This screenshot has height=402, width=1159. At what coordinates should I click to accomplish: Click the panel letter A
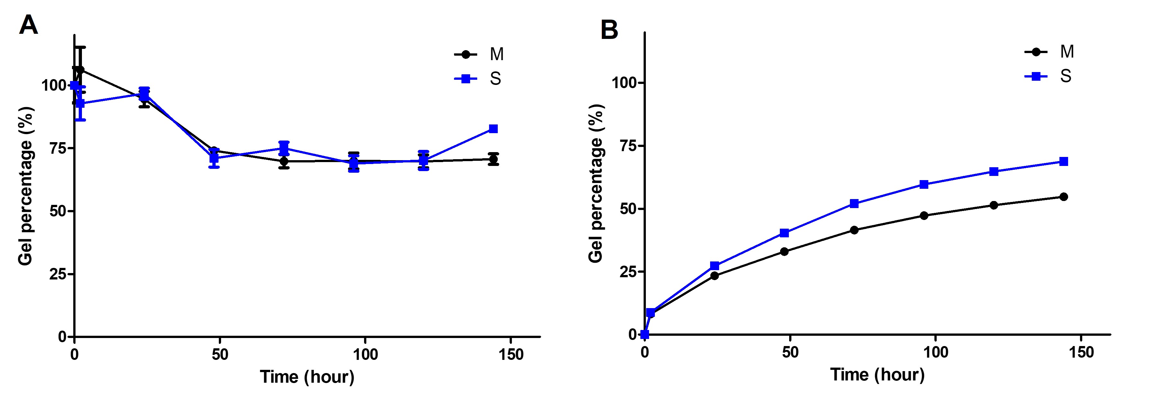point(28,25)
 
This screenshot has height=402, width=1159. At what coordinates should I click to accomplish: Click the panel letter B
point(609,30)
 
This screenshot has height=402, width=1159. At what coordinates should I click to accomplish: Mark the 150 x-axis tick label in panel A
point(511,355)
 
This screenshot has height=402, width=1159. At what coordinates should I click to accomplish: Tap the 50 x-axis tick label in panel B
point(790,352)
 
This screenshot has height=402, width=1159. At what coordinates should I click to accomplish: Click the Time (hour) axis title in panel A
point(307,377)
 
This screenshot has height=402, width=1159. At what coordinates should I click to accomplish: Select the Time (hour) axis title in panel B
point(877,375)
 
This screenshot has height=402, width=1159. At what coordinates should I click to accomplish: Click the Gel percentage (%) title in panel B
point(596,183)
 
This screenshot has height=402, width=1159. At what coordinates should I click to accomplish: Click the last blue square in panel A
point(493,129)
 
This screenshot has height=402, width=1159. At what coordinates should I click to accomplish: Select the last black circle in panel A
point(493,160)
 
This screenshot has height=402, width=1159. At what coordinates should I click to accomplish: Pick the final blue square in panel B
point(1064,162)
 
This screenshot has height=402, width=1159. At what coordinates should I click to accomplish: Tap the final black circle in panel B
point(1064,197)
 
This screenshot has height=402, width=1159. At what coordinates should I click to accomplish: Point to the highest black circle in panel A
point(80,70)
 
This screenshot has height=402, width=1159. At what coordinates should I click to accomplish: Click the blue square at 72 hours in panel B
point(854,204)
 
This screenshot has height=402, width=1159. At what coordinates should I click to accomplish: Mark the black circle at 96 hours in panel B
point(924,215)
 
